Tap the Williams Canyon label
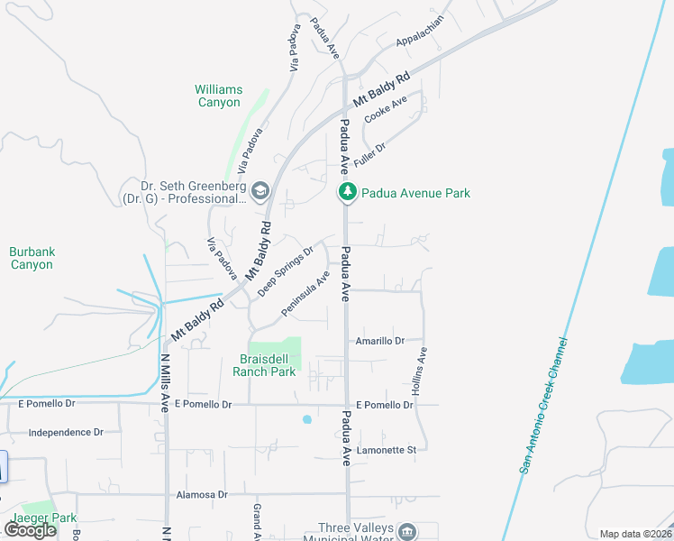point(219,96)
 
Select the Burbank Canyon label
point(32,258)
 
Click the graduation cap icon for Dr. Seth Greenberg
point(260,188)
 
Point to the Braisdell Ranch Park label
point(264,364)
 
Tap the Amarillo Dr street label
point(379,341)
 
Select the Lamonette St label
point(385,449)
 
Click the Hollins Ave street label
point(419,374)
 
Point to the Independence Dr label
point(65,433)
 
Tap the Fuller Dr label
point(370,152)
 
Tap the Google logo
point(30,530)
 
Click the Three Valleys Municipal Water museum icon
point(407,530)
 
